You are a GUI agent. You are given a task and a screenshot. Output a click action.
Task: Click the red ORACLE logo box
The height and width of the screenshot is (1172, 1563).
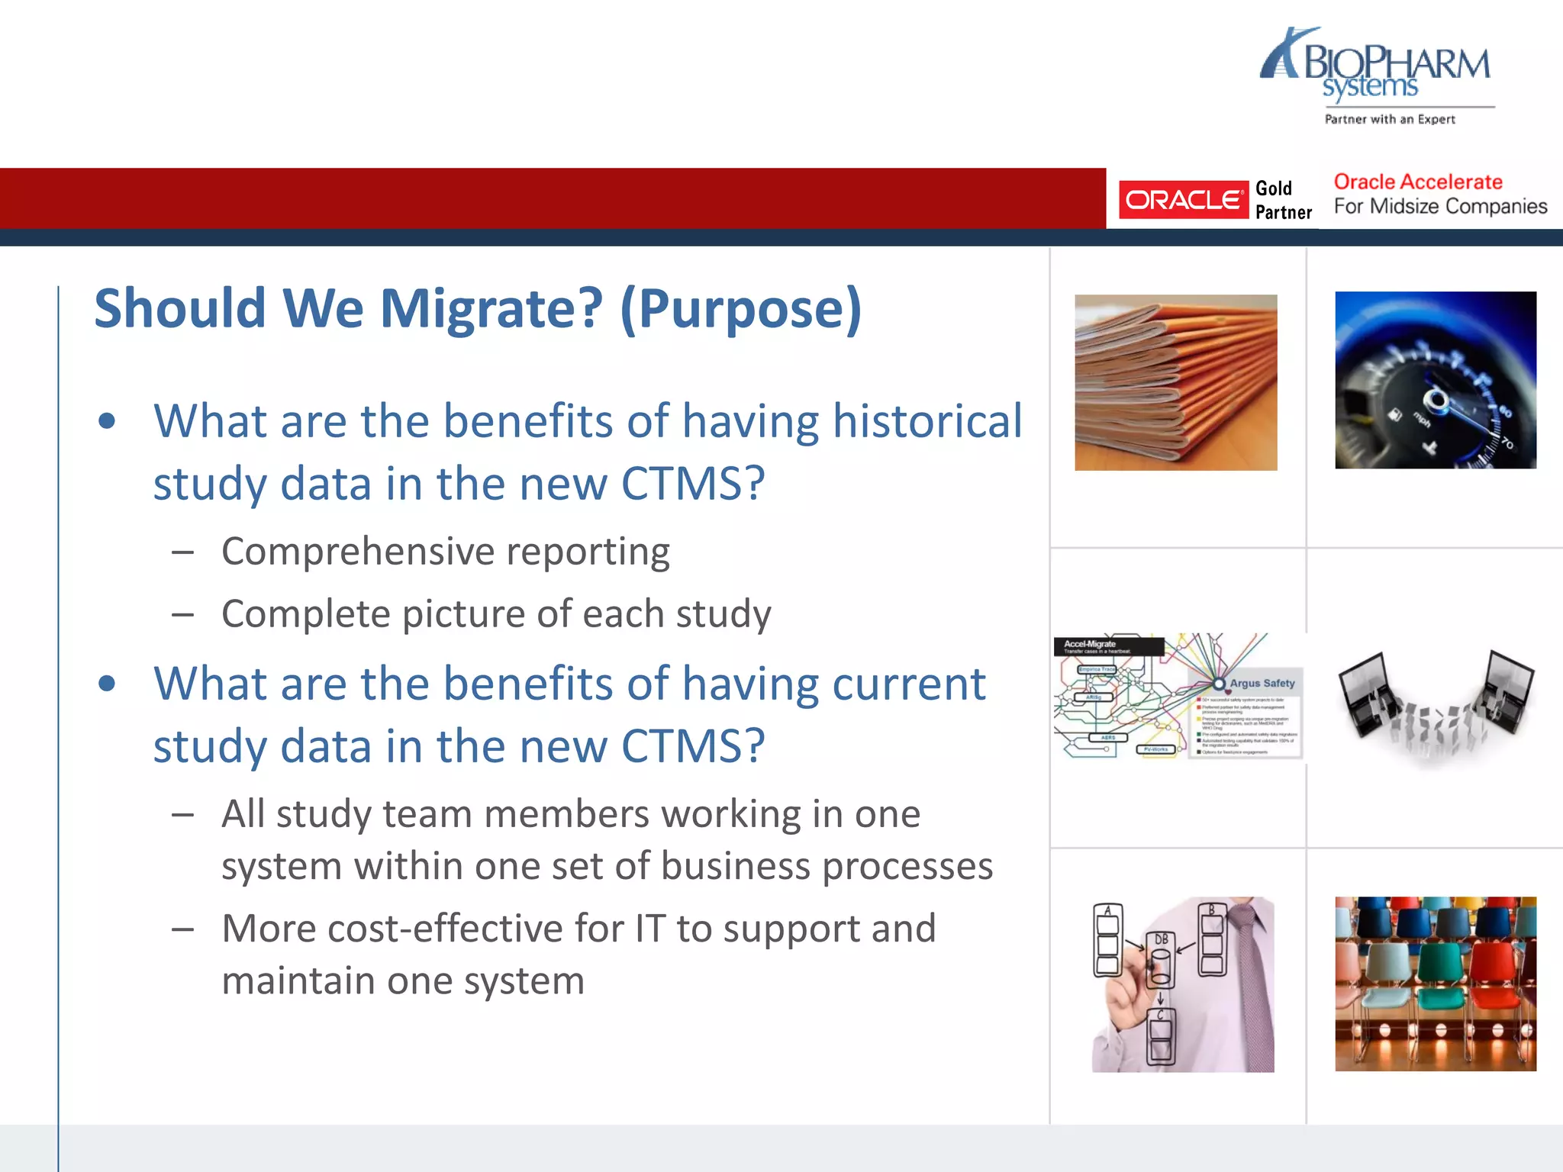pyautogui.click(x=1182, y=200)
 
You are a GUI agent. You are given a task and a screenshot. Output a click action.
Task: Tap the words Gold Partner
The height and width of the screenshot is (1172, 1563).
pyautogui.click(x=1283, y=200)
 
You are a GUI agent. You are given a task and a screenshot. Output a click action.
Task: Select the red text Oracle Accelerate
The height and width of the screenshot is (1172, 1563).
pyautogui.click(x=1417, y=182)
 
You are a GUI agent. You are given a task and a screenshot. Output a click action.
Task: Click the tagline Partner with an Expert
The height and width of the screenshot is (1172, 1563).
pyautogui.click(x=1389, y=119)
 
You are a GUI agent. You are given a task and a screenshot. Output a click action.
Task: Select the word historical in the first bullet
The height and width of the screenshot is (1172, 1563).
pyautogui.click(x=927, y=421)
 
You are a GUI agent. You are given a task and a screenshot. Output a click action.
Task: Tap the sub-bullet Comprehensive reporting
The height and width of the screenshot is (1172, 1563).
pyautogui.click(x=446, y=552)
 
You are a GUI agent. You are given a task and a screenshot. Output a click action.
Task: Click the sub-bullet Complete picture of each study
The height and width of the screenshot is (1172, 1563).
pyautogui.click(x=496, y=614)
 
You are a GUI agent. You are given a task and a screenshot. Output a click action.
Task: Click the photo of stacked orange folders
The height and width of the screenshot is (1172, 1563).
pyautogui.click(x=1175, y=382)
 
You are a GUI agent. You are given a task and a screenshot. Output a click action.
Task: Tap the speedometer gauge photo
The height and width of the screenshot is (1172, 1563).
pyautogui.click(x=1435, y=380)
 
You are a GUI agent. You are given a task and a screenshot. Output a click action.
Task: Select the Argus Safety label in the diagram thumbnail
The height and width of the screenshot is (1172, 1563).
pyautogui.click(x=1262, y=684)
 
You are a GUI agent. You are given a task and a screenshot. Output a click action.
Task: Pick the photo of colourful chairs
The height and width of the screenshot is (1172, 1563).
pyautogui.click(x=1435, y=984)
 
